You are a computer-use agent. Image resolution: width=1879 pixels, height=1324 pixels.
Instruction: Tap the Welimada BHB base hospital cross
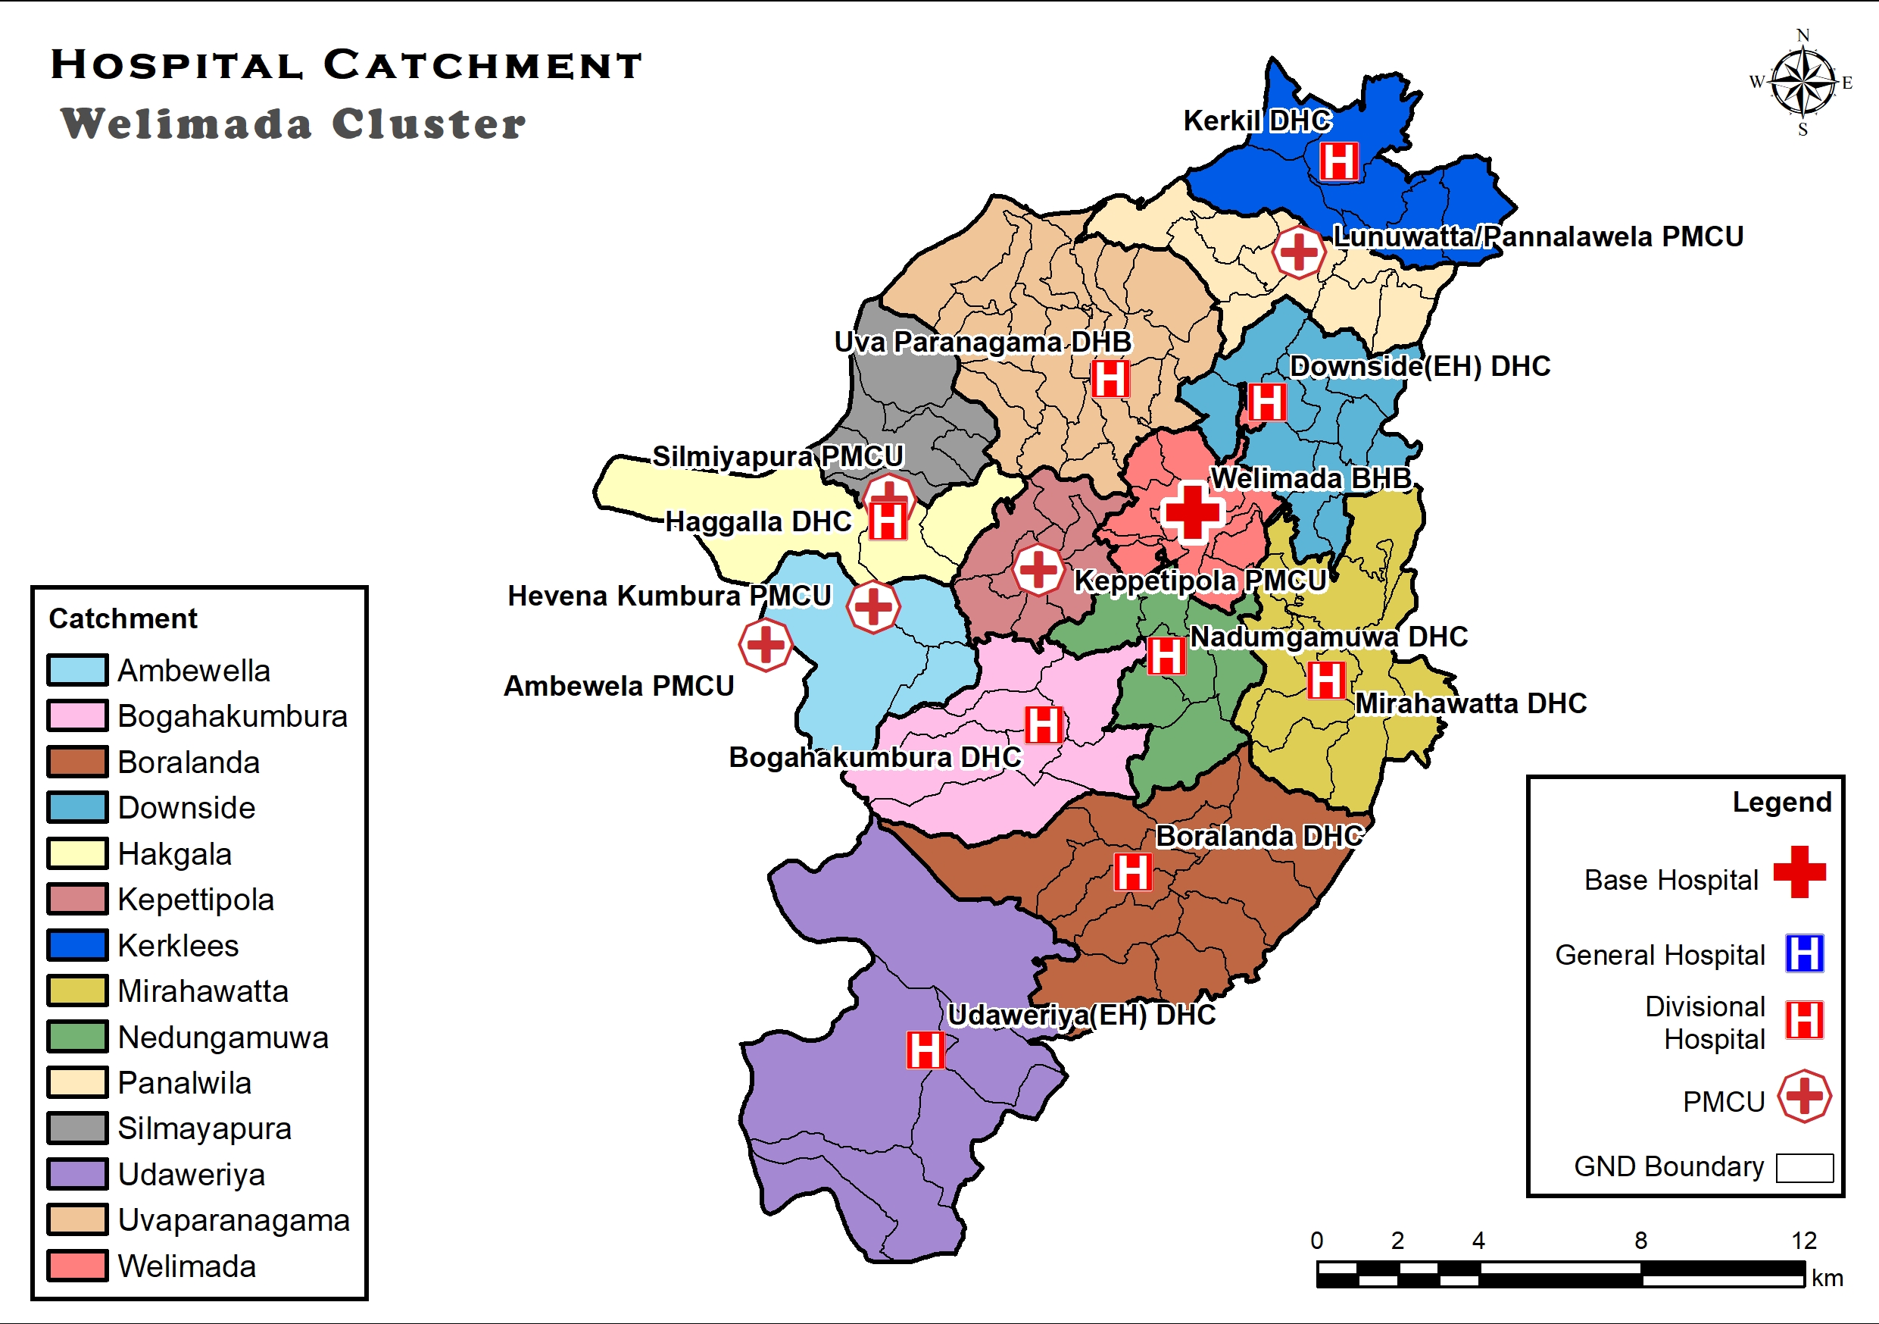[1192, 512]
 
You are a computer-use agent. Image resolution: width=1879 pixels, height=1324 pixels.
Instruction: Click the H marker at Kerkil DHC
[1338, 161]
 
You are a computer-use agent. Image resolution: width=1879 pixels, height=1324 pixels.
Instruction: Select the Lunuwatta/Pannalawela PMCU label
[1537, 236]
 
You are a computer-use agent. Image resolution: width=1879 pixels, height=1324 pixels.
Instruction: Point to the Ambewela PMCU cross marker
[765, 645]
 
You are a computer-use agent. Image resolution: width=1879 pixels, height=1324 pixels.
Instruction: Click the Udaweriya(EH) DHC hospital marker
[925, 1050]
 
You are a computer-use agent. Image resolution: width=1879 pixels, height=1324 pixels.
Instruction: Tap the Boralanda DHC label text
[1259, 836]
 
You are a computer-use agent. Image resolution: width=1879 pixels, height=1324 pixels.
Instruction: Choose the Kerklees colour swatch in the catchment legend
[77, 945]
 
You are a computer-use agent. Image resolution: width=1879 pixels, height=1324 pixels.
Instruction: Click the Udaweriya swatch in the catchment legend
[77, 1173]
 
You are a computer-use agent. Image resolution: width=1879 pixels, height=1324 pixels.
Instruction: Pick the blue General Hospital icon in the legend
[1804, 953]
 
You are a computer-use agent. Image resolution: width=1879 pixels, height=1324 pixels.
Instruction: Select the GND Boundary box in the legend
[1804, 1168]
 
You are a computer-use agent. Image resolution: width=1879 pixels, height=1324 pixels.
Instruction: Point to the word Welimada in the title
[186, 124]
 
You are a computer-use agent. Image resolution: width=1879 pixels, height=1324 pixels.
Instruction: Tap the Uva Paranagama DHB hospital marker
[1110, 378]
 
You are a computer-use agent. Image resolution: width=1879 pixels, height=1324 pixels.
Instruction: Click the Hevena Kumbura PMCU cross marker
[873, 607]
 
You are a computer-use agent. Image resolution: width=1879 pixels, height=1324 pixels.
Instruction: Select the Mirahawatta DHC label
[1470, 703]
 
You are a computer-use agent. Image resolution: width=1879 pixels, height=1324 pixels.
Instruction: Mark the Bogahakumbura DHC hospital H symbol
[1044, 725]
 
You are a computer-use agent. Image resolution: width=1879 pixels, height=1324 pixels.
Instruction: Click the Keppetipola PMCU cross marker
[1038, 569]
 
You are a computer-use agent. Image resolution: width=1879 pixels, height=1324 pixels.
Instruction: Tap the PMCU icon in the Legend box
[1804, 1096]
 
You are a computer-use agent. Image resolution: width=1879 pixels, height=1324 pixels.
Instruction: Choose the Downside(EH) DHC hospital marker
[1266, 402]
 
